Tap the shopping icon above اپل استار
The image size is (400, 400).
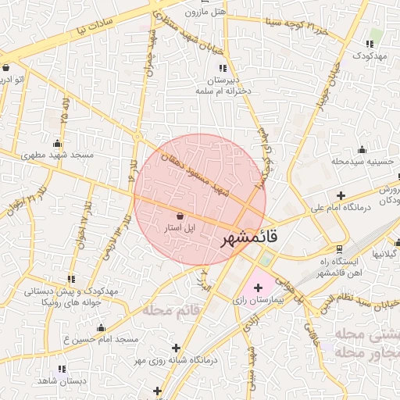(x=180, y=216)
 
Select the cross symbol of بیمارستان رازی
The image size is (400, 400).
(x=259, y=287)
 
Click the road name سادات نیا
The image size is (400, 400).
(x=95, y=26)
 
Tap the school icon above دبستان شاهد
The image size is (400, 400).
(x=61, y=367)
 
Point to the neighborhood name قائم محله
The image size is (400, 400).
(x=172, y=310)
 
